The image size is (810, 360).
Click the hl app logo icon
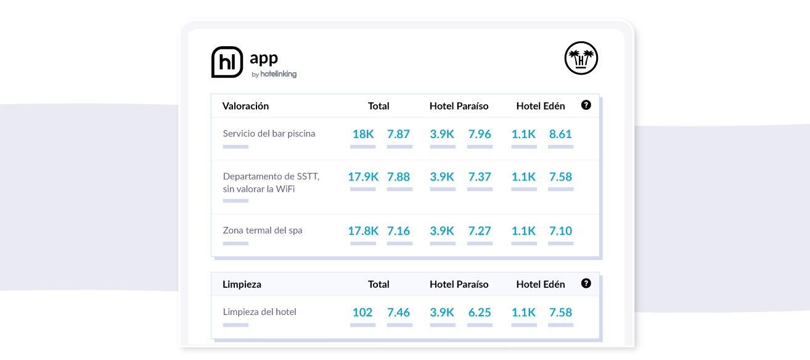coord(227,62)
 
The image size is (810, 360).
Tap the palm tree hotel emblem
coord(581,58)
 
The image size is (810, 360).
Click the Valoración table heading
coord(245,106)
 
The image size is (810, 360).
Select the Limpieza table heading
coord(242,284)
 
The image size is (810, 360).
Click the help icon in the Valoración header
coord(586,105)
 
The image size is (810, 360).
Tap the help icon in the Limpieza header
coord(586,284)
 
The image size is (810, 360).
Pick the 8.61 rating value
coord(560,134)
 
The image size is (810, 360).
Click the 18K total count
coord(363,134)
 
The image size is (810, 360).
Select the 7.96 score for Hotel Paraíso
coord(480,134)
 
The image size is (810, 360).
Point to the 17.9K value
coord(363,177)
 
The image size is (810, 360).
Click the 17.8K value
coord(363,231)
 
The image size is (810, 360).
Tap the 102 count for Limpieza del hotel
coord(362,313)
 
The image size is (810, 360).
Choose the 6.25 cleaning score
coord(480,313)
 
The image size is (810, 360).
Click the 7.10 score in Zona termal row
coord(560,231)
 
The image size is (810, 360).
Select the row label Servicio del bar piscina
coord(269,134)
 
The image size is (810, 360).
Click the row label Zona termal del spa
coord(263,231)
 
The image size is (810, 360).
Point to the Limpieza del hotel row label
coord(260,311)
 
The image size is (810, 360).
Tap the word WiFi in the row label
coord(285,189)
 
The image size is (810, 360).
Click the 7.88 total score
coord(398,177)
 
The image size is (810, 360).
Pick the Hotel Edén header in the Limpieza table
coord(541,284)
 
